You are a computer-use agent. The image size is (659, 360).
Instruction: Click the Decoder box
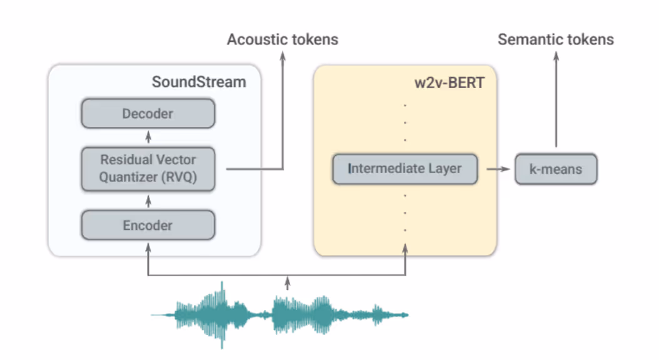[148, 113]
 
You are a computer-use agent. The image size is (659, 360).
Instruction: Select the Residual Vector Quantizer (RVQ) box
[148, 169]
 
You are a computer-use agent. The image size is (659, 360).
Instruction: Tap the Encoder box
[148, 225]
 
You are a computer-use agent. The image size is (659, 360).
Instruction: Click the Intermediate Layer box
[405, 169]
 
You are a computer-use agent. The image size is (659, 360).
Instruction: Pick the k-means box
[556, 169]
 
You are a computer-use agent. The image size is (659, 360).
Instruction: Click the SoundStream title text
[199, 82]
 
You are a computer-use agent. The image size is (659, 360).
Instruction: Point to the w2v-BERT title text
[450, 82]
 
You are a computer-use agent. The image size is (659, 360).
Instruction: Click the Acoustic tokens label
[283, 39]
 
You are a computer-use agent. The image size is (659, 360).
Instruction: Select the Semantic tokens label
[556, 39]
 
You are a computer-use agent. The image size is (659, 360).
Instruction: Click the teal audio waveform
[279, 315]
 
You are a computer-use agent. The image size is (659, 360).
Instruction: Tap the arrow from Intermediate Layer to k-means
[498, 169]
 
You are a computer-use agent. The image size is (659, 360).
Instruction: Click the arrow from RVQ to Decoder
[148, 137]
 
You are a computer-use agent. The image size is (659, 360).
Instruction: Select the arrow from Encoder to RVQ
[148, 201]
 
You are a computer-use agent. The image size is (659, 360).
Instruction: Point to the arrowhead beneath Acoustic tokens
[283, 56]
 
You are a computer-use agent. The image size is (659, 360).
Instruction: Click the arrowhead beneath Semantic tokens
[556, 56]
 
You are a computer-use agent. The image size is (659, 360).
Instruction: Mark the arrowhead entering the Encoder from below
[148, 248]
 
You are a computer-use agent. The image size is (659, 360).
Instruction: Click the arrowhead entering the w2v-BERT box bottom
[405, 249]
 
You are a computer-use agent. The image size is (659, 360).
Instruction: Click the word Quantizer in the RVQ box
[128, 177]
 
